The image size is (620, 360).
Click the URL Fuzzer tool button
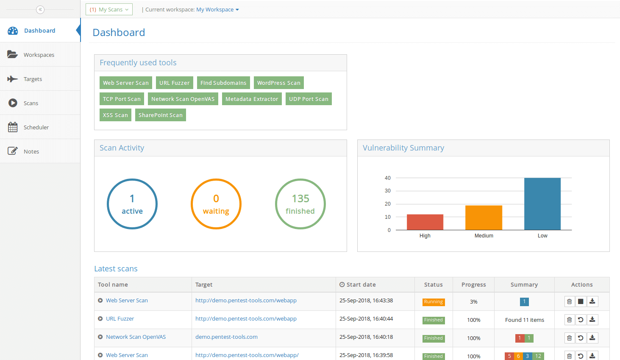[x=174, y=83]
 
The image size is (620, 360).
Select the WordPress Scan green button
[x=278, y=83]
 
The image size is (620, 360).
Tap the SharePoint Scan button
[x=160, y=115]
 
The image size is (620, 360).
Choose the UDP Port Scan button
[x=309, y=99]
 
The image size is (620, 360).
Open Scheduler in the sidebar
[x=36, y=127]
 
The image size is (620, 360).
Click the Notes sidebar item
[x=31, y=151]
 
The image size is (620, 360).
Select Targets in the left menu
[x=33, y=79]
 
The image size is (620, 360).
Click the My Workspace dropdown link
[x=217, y=9]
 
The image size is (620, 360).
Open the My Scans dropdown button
[x=109, y=9]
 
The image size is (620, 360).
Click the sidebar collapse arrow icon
[x=40, y=9]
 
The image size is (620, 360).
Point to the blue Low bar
[x=542, y=204]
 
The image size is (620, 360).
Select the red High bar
[x=425, y=222]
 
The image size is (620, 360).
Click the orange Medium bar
[x=484, y=218]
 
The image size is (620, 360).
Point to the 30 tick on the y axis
[x=388, y=191]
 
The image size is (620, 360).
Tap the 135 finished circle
[x=300, y=204]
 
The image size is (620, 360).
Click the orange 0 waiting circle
[x=216, y=204]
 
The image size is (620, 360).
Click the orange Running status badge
[x=433, y=302]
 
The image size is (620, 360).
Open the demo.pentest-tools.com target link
[x=226, y=337]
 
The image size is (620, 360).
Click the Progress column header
[x=473, y=285]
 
